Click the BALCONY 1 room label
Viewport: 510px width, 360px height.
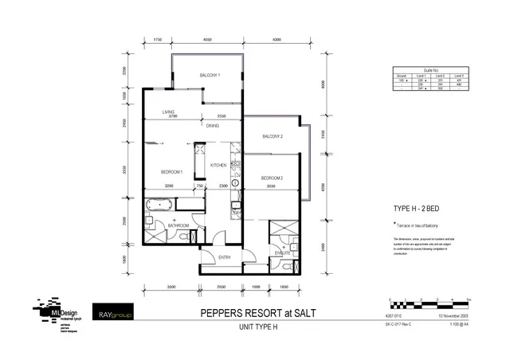click(x=210, y=76)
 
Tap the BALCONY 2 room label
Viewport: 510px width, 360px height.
click(x=273, y=136)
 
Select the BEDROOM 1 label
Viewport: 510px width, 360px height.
click(x=171, y=172)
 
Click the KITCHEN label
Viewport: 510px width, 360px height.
click(x=218, y=165)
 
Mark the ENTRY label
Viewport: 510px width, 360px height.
click(x=224, y=256)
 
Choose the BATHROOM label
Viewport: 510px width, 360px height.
click(x=178, y=225)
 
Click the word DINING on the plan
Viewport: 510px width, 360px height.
click(x=213, y=126)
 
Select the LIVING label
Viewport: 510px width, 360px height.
click(x=168, y=112)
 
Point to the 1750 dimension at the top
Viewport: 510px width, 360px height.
click(x=158, y=38)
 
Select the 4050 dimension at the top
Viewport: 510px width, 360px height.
click(x=207, y=38)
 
